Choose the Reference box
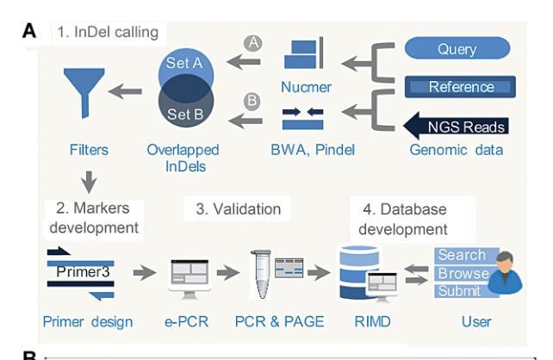tap(461, 87)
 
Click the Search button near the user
tap(462, 255)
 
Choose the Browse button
tap(463, 273)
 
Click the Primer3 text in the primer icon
tap(84, 271)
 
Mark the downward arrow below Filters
tap(86, 183)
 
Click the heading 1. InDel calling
tap(108, 33)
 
